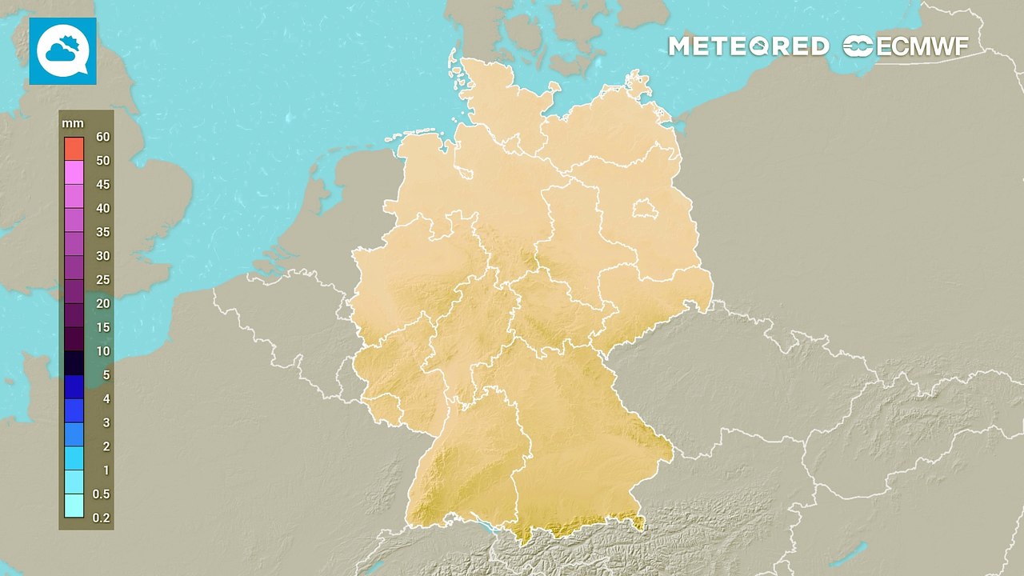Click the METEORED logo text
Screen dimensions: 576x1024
748,46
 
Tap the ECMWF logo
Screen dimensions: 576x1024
906,46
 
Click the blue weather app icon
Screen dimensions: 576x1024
63,51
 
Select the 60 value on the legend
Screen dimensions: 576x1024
102,137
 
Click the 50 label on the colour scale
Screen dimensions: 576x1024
102,161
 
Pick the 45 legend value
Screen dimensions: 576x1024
102,185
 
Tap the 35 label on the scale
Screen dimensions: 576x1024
102,232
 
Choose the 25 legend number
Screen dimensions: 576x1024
102,280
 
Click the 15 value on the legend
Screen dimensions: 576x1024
102,327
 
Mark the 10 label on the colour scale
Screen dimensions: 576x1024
102,351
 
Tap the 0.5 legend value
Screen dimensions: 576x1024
102,494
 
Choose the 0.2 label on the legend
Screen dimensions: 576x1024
102,518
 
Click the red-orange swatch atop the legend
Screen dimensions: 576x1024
74,148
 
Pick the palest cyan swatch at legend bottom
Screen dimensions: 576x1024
74,506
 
